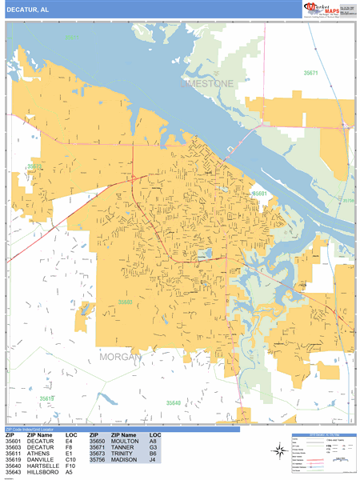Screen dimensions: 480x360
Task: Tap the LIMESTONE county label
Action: point(207,83)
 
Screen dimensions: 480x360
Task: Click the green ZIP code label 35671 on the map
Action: point(310,73)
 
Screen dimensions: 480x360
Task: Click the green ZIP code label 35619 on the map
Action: point(47,398)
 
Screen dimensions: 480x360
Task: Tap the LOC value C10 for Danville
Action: point(70,460)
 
